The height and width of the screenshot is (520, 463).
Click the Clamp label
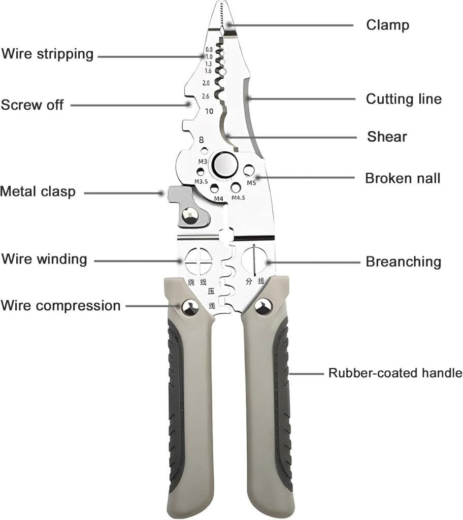tap(387, 24)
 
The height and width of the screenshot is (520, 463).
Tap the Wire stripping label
tap(47, 54)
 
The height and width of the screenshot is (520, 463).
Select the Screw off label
tap(32, 105)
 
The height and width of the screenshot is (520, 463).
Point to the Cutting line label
tap(404, 99)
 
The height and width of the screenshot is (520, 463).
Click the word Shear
tap(387, 137)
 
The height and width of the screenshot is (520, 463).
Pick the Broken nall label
tap(403, 178)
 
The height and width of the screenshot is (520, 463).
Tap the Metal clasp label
tap(38, 191)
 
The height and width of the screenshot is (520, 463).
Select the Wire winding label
tap(44, 259)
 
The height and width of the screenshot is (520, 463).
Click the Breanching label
tap(403, 262)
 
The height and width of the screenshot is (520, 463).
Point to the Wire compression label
tap(60, 306)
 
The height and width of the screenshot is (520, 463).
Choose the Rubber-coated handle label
tap(395, 373)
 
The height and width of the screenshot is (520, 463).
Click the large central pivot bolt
tap(223, 164)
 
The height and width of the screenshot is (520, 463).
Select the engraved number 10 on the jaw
tap(209, 112)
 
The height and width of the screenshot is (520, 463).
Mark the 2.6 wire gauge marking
tap(206, 96)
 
